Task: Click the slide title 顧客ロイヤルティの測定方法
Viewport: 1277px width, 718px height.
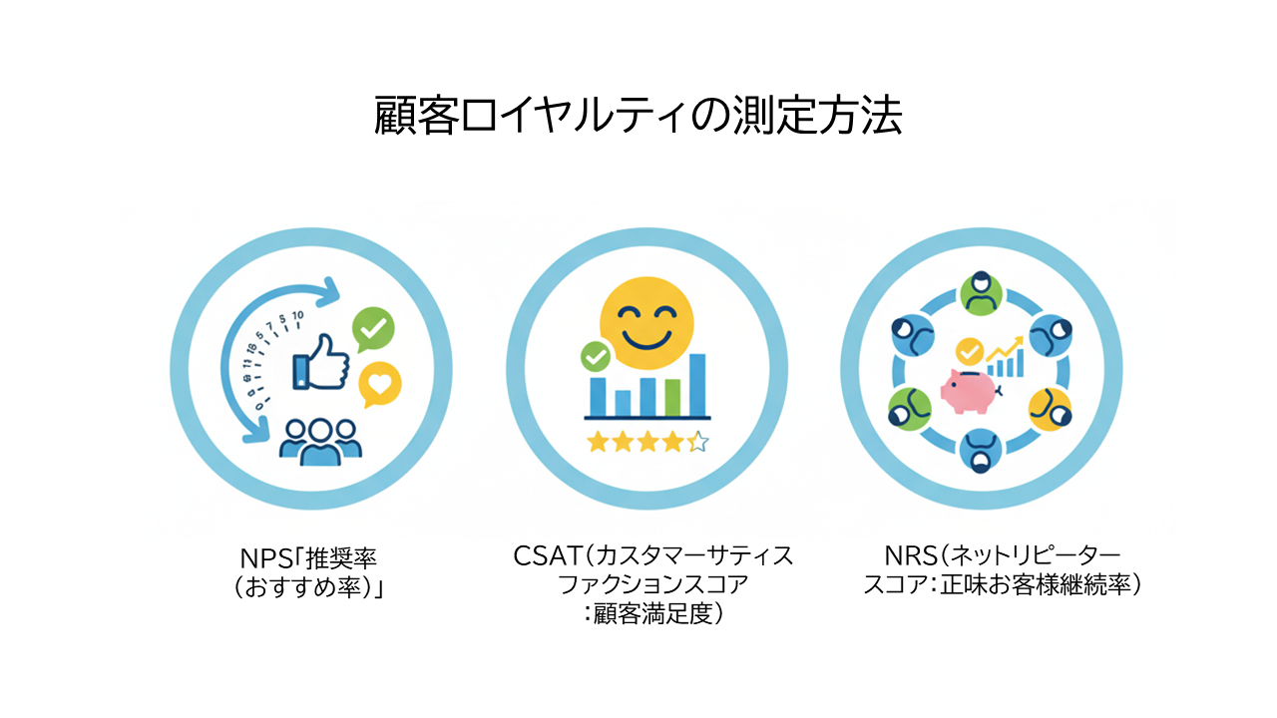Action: pyautogui.click(x=638, y=115)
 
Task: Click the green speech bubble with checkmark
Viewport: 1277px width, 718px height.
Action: pyautogui.click(x=373, y=329)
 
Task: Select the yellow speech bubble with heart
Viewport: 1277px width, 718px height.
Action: pyautogui.click(x=380, y=384)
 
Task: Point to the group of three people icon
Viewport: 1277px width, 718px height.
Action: pyautogui.click(x=320, y=442)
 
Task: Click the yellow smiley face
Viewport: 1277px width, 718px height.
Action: pyautogui.click(x=646, y=323)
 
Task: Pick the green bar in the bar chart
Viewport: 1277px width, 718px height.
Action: pyautogui.click(x=672, y=398)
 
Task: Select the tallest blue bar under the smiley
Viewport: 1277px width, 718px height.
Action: pyautogui.click(x=697, y=385)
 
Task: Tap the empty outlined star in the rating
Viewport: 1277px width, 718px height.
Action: pyautogui.click(x=697, y=442)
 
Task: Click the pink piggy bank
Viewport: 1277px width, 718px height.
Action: pyautogui.click(x=969, y=391)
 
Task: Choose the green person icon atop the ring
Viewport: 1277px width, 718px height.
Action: pyautogui.click(x=981, y=293)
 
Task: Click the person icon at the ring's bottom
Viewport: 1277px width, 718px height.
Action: pyautogui.click(x=981, y=451)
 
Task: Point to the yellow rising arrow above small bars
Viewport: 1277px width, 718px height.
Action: pyautogui.click(x=1006, y=348)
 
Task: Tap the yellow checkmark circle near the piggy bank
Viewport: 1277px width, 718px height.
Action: pyautogui.click(x=969, y=352)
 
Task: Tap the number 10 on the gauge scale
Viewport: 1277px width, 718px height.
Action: pyautogui.click(x=297, y=315)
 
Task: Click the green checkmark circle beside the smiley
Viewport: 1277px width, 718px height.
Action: pyautogui.click(x=596, y=357)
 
